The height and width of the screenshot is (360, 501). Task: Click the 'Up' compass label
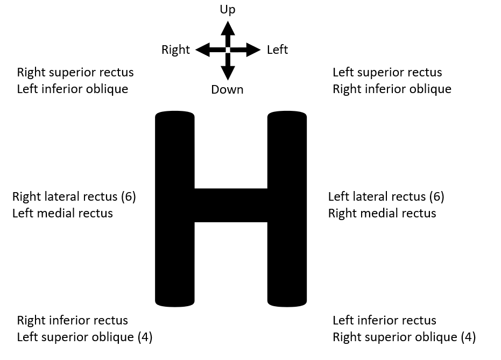tap(228, 10)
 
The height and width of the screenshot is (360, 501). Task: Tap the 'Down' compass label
tap(227, 89)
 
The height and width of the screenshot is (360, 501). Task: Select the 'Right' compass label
tap(175, 50)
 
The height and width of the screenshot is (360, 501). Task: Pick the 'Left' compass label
tap(277, 50)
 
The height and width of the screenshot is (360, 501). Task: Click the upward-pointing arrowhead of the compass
tap(228, 26)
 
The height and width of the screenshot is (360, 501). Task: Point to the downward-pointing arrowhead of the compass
tap(228, 73)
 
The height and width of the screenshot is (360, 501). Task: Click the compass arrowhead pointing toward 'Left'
tap(253, 50)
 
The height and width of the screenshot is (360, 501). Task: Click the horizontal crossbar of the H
tap(230, 205)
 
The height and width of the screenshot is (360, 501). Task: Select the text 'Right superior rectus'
tap(75, 72)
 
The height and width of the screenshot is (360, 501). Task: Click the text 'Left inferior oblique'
tap(73, 89)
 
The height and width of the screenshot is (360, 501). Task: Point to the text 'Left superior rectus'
tap(387, 72)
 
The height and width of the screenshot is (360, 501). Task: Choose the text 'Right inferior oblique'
tap(392, 89)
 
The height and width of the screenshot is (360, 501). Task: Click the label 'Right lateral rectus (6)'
tap(74, 196)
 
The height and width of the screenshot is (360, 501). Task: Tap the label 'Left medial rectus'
tap(62, 213)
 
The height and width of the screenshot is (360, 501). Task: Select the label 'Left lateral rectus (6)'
tap(386, 196)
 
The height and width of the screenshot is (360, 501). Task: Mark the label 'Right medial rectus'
tap(382, 213)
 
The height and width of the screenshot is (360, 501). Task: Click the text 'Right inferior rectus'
tap(73, 320)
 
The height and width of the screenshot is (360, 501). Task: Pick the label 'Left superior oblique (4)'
tap(84, 337)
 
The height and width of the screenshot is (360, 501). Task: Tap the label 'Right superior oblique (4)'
tap(404, 337)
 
